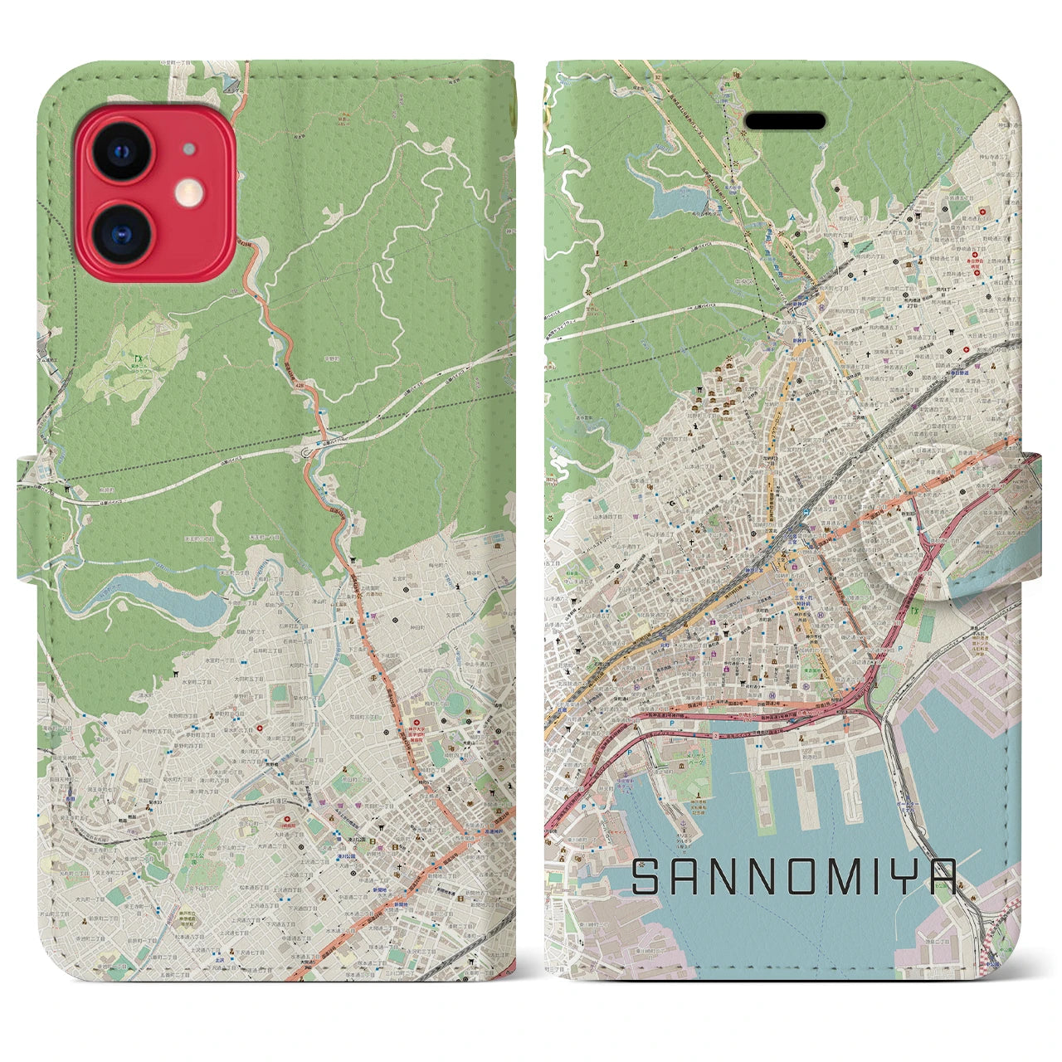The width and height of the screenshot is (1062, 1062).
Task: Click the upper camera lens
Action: (x=121, y=150)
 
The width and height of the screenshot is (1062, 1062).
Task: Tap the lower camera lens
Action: (x=121, y=227)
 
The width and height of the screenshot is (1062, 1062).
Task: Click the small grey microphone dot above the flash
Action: (x=190, y=150)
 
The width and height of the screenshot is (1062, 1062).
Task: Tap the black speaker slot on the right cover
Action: (x=785, y=122)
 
